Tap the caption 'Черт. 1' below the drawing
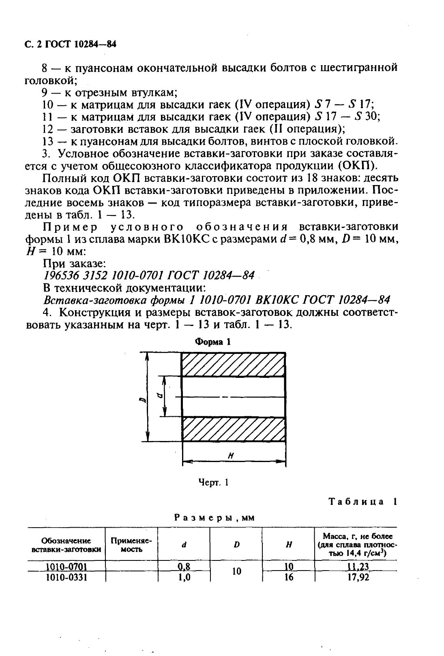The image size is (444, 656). (214, 482)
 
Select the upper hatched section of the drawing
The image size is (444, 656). (233, 364)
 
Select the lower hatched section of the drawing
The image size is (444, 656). (233, 429)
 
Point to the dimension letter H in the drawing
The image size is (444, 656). (230, 455)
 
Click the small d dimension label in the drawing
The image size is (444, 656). (159, 396)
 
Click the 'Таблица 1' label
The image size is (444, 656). (362, 502)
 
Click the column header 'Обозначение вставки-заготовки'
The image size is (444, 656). (66, 545)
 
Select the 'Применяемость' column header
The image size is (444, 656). (131, 545)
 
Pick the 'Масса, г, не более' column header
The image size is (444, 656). (356, 545)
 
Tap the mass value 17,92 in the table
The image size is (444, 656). (358, 577)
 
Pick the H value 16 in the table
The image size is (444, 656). (288, 577)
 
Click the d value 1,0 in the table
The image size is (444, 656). (184, 577)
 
